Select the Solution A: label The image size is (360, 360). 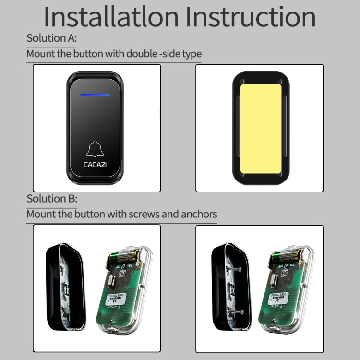point(51,38)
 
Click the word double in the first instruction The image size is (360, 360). point(141,53)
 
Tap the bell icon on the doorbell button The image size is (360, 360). point(95,149)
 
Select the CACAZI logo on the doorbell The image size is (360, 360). point(95,164)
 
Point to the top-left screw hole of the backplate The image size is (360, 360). point(241,81)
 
